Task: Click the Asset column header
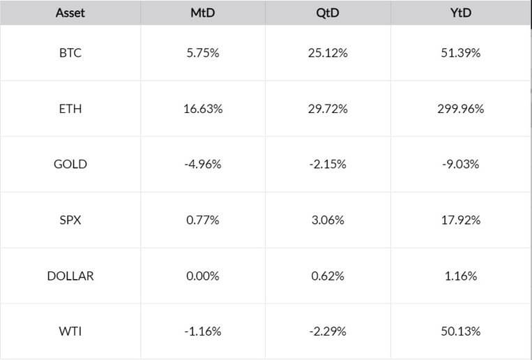pos(70,13)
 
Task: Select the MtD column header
pos(203,13)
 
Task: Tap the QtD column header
pos(328,13)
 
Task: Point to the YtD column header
pos(461,13)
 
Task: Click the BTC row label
pos(70,53)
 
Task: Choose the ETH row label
pos(70,109)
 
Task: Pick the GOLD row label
pos(70,164)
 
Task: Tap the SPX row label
pos(70,220)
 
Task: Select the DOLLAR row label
pos(70,276)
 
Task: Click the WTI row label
pos(70,331)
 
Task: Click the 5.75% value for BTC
pos(203,53)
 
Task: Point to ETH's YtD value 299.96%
pos(461,109)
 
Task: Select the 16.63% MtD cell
pos(203,109)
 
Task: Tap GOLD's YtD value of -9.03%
pos(461,164)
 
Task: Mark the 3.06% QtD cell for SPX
pos(328,220)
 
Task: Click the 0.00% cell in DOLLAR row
pos(203,276)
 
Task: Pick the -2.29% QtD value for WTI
pos(328,331)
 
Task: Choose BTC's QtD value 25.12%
pos(328,53)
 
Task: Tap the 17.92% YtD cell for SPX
pos(461,220)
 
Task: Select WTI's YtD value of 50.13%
pos(461,331)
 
